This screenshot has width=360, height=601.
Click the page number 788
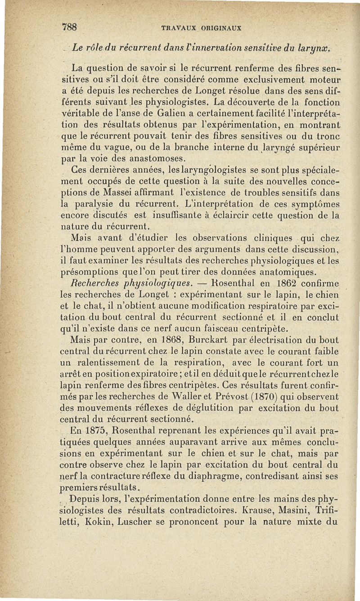(70, 27)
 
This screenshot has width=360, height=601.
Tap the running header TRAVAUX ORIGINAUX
(201, 27)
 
